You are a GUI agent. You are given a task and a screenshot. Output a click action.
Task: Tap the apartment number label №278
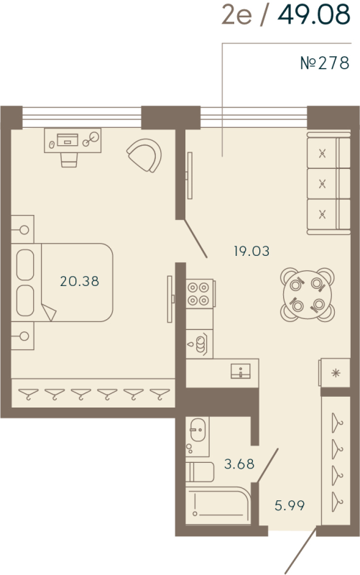tap(323, 63)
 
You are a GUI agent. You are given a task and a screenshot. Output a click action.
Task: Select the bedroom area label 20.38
tap(79, 282)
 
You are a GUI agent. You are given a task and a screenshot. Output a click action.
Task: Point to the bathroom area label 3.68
tap(239, 464)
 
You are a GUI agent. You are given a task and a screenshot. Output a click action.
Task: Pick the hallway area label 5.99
tap(290, 505)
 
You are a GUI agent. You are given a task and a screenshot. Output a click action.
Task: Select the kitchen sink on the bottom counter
tap(240, 371)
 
